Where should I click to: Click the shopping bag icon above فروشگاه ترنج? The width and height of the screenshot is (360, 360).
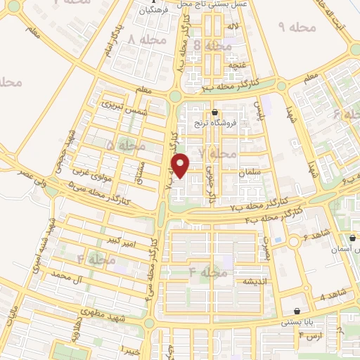tap(214, 112)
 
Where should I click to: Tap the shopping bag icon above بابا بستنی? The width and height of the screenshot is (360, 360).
tap(297, 311)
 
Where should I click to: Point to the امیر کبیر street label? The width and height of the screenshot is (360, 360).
tap(117, 243)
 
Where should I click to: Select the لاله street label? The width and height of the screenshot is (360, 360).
tap(231, 27)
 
